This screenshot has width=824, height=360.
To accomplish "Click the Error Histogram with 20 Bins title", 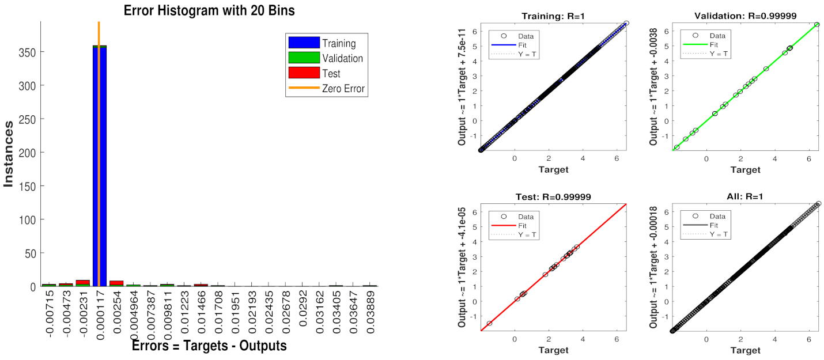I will [x=209, y=10].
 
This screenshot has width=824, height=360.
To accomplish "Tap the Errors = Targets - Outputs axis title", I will [x=209, y=346].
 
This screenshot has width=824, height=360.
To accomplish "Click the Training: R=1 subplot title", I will [x=553, y=16].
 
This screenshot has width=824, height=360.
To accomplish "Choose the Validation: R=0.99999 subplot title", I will [x=745, y=16].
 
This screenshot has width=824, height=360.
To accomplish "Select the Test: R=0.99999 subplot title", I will [x=553, y=197].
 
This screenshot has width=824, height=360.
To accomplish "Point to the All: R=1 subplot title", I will [x=745, y=197].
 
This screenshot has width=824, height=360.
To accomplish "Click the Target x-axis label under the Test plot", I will [x=553, y=350].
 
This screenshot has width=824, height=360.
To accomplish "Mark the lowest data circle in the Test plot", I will [x=489, y=324].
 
